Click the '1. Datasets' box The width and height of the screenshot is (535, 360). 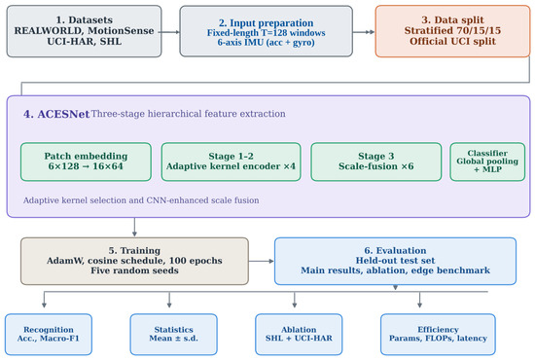[x=84, y=31]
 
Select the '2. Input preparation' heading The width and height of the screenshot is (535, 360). [x=266, y=22]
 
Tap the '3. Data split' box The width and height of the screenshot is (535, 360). [x=452, y=31]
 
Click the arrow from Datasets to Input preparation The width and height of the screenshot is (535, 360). [x=170, y=32]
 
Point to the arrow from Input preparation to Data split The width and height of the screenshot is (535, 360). [x=364, y=32]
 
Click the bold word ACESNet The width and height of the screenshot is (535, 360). [x=63, y=114]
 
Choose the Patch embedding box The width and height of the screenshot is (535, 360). [x=86, y=162]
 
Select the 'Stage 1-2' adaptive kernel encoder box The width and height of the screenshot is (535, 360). [x=231, y=162]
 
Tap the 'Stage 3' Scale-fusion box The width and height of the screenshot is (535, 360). [x=376, y=162]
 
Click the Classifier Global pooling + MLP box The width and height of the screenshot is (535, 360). [x=487, y=162]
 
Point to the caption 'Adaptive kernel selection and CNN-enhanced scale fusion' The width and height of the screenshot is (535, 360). [x=141, y=200]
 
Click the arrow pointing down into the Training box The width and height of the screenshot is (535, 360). [x=134, y=228]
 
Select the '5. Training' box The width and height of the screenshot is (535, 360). [x=134, y=261]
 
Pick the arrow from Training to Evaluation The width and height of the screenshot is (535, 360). [x=262, y=261]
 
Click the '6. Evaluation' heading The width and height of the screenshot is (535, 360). [x=395, y=250]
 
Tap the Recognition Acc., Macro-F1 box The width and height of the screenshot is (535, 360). [x=49, y=335]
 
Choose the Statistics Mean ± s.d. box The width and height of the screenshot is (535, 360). [x=174, y=335]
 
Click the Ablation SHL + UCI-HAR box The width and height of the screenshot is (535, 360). [x=299, y=335]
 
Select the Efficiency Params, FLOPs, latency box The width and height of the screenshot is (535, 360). [x=438, y=335]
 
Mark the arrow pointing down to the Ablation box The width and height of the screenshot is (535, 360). [x=295, y=300]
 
